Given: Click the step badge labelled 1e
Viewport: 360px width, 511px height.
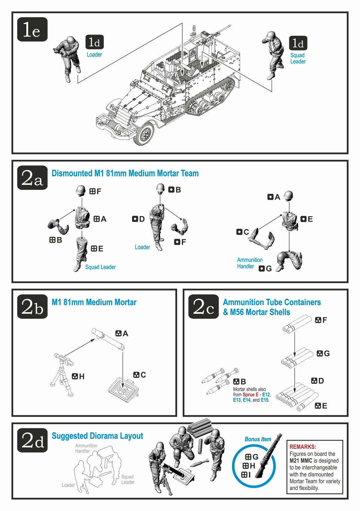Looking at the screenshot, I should (32, 29).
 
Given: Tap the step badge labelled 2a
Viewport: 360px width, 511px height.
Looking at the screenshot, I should (32, 178).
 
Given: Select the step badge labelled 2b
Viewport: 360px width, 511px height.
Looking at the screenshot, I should (32, 307).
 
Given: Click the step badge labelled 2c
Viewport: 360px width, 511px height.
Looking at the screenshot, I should (203, 307).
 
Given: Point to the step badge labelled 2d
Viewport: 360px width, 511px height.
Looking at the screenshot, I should (32, 440).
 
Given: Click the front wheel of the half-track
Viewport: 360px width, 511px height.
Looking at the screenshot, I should (145, 134).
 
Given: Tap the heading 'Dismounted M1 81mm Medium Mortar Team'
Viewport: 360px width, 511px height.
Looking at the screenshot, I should (125, 174).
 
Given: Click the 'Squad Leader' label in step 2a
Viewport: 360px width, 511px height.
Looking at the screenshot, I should (100, 267).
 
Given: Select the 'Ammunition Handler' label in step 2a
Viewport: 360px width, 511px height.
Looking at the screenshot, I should (249, 263).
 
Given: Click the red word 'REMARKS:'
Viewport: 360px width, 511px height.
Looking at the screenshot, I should (302, 447).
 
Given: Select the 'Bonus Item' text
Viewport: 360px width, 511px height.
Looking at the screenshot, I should (258, 439).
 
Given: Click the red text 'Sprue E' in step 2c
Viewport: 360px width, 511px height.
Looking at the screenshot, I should (250, 395).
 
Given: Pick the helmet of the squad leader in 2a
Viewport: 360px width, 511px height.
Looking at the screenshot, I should (81, 190).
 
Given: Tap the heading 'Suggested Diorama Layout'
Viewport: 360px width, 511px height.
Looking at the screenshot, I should (97, 436).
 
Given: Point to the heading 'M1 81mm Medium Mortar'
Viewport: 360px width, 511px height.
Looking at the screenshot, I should (94, 302).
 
